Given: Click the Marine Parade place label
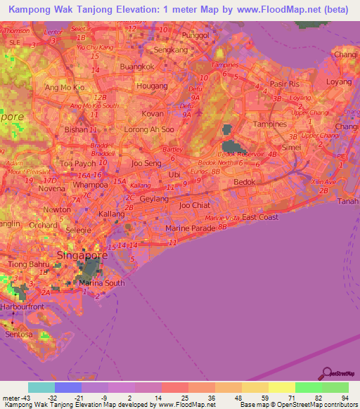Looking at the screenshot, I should coord(189,229).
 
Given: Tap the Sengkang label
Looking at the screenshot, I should coord(173,51).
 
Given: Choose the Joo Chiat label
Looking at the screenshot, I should coord(195,205).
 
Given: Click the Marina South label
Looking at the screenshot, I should coord(101,283).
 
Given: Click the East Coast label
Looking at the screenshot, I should coord(259,217).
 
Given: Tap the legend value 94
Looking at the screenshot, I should coord(345,398).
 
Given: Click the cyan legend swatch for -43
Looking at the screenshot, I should coord(41,387).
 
